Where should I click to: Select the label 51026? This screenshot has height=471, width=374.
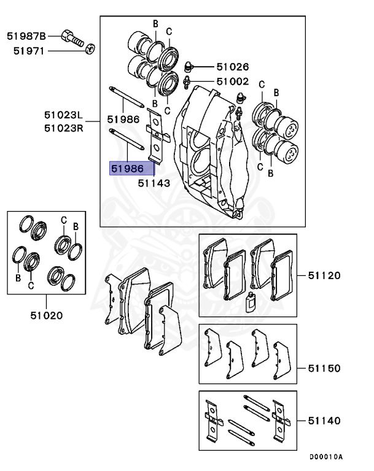232,66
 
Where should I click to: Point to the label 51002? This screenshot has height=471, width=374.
232,81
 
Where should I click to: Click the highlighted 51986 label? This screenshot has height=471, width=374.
127,167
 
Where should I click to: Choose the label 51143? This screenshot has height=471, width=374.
154,183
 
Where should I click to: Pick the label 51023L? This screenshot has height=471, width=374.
63,115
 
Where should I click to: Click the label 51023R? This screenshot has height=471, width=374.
63,128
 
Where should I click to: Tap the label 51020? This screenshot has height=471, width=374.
46,316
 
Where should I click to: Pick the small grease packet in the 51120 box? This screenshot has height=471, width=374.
249,302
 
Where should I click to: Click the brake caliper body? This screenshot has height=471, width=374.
209,153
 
